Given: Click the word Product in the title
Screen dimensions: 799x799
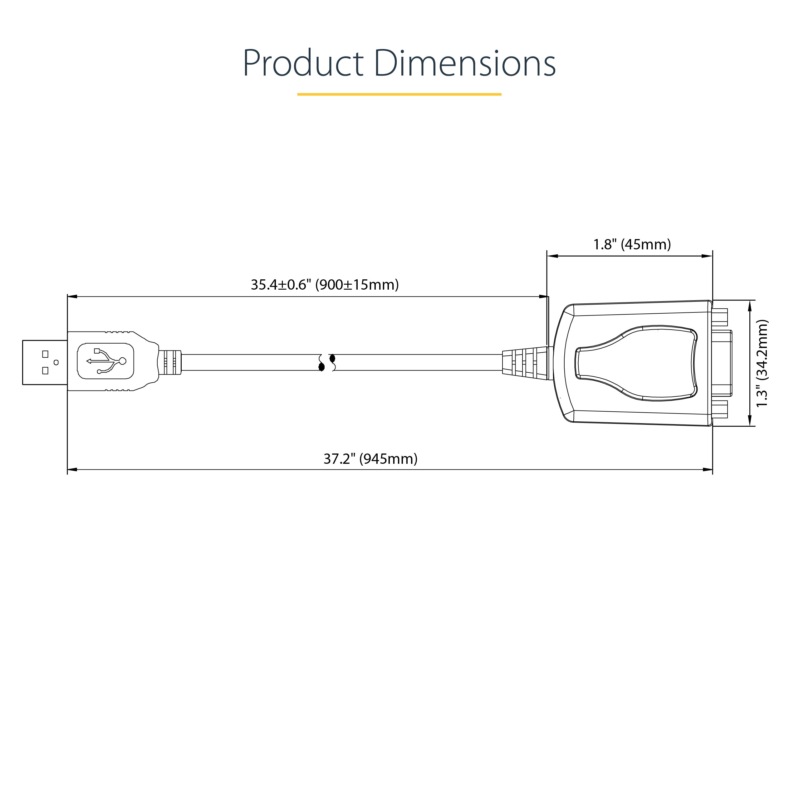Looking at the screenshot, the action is pyautogui.click(x=303, y=63).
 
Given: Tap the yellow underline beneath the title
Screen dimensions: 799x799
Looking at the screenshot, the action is pyautogui.click(x=399, y=94).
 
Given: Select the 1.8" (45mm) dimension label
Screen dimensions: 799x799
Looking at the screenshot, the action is pyautogui.click(x=632, y=244).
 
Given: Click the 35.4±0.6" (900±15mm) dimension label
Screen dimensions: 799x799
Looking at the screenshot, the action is pyautogui.click(x=325, y=285).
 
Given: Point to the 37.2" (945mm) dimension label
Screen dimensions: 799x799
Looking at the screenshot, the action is pyautogui.click(x=370, y=458).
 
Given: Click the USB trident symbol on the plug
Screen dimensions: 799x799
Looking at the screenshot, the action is pyautogui.click(x=106, y=361).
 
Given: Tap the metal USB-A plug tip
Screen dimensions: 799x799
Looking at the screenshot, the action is pyautogui.click(x=45, y=362).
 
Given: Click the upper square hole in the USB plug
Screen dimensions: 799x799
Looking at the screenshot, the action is pyautogui.click(x=45, y=354).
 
